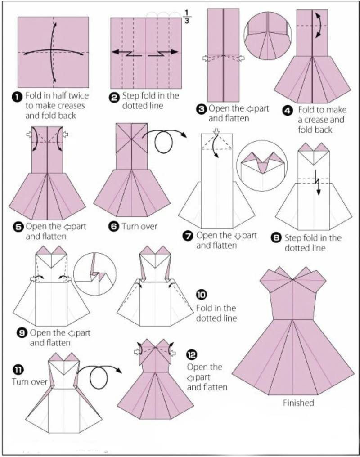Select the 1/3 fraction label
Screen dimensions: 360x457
click(x=187, y=17)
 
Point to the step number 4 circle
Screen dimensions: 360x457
click(x=287, y=111)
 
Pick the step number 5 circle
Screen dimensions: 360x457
click(x=18, y=227)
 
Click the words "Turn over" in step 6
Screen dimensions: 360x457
click(x=139, y=226)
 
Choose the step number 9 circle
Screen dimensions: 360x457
click(x=23, y=333)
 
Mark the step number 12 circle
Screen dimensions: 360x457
click(x=192, y=355)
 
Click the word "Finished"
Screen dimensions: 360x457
click(x=298, y=403)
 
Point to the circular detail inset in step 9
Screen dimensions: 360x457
click(x=95, y=274)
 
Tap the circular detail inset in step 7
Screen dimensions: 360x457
click(x=262, y=166)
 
